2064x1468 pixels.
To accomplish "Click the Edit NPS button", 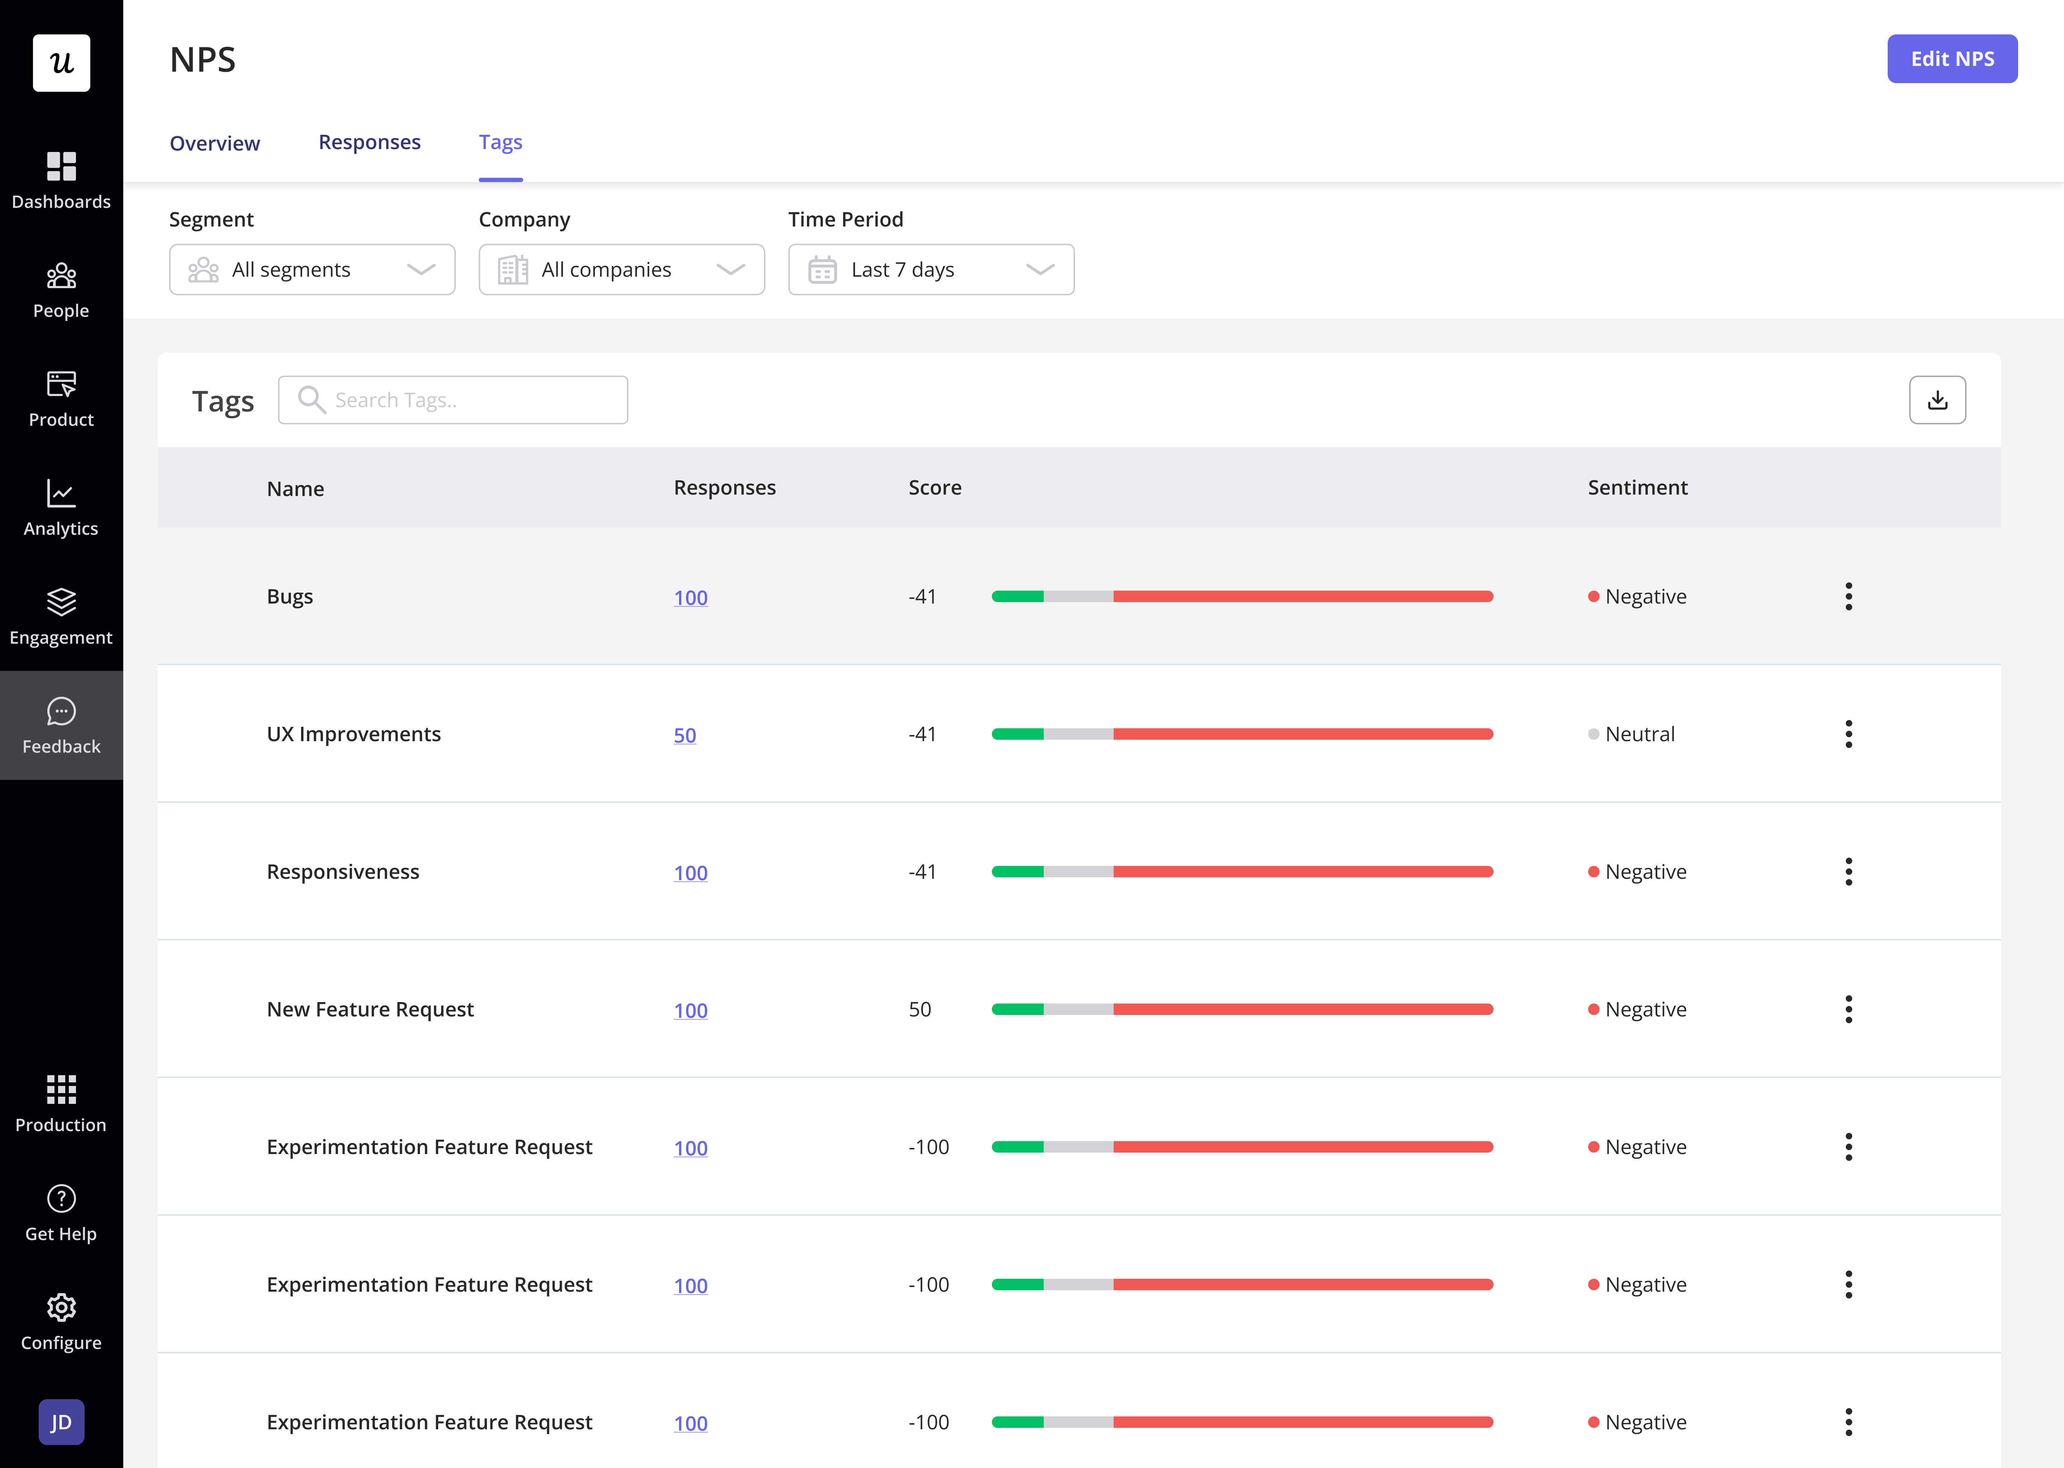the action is click(x=1952, y=59).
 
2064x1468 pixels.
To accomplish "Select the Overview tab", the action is click(x=215, y=143).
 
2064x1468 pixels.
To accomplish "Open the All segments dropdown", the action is click(x=312, y=270).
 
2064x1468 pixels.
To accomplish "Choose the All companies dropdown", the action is click(x=622, y=270).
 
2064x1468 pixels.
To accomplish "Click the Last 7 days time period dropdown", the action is click(x=931, y=270).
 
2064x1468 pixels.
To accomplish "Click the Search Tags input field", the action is click(x=453, y=400).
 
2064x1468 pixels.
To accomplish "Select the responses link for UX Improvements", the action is click(x=685, y=735).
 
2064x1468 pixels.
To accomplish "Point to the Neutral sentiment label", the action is click(x=1639, y=734).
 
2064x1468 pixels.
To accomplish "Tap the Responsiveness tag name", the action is click(x=343, y=871).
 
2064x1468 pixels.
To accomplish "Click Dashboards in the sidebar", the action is click(x=61, y=181).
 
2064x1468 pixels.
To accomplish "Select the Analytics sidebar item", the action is click(x=61, y=508).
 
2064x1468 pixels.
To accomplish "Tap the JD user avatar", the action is click(x=61, y=1422).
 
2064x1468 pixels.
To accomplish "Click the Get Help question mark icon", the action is click(x=61, y=1198).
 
